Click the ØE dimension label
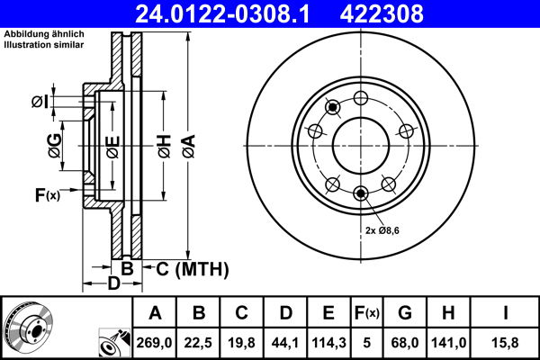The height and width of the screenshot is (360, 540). [x=112, y=145]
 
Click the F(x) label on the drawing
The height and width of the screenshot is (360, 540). [x=46, y=195]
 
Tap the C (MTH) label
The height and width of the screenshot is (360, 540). [x=193, y=269]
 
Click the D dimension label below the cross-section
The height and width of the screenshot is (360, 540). [x=113, y=285]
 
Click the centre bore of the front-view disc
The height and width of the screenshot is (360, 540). [x=361, y=147]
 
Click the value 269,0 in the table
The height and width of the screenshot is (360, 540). [x=155, y=341]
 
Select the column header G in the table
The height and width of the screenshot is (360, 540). [x=405, y=313]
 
